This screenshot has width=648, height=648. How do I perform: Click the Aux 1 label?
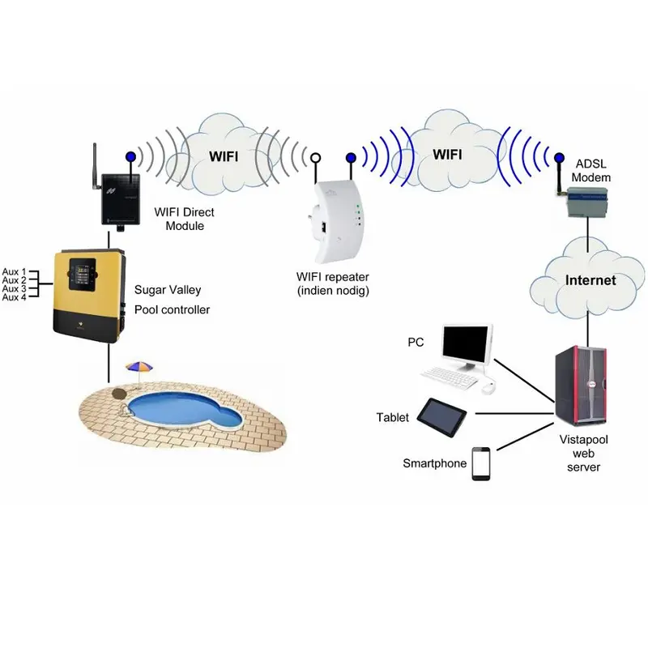(14, 271)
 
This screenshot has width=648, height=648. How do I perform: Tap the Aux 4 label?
(14, 297)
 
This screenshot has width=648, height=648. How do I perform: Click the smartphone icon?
(482, 463)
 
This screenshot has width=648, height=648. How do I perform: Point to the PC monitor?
(467, 345)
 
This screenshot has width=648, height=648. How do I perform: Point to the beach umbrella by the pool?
(139, 369)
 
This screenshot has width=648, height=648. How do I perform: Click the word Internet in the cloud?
(590, 281)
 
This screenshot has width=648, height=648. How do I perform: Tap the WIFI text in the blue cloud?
(449, 153)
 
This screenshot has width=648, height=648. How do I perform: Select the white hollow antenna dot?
(316, 158)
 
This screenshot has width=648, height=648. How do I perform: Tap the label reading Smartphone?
(435, 463)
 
